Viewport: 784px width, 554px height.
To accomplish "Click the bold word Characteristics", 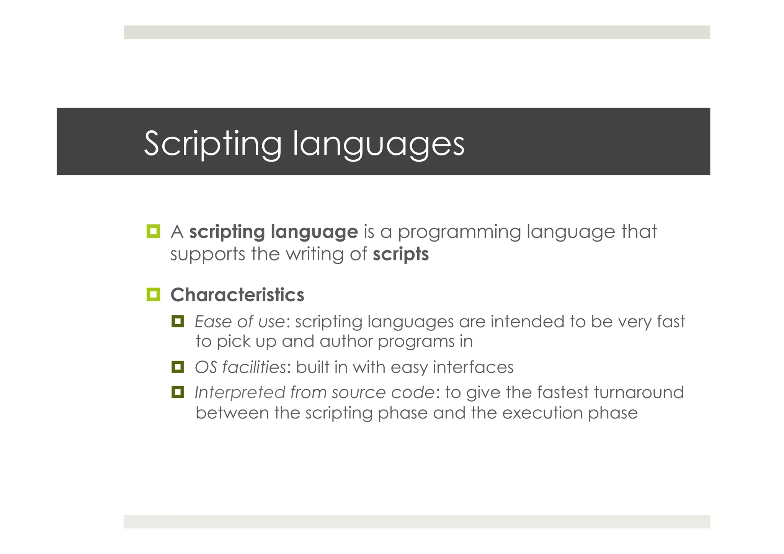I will click(237, 295).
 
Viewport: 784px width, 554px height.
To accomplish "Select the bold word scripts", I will click(401, 254).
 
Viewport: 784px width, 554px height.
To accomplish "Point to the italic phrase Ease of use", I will click(240, 321).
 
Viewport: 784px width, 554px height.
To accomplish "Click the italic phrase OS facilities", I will click(240, 367).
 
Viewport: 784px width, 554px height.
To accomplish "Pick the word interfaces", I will click(473, 367).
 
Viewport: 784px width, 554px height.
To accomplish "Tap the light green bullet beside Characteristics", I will click(154, 294).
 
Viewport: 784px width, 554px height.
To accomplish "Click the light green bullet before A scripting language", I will click(154, 231).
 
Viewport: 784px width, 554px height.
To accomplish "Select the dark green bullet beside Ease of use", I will click(178, 321).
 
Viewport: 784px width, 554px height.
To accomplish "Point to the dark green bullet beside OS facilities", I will click(178, 367).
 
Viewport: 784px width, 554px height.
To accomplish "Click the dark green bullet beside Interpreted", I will click(178, 392).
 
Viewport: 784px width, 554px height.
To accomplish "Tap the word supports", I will click(208, 255).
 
